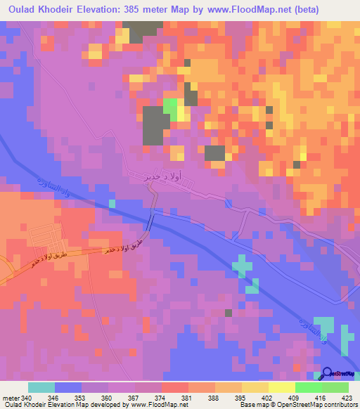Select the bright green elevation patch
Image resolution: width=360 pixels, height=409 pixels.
pos(170,108)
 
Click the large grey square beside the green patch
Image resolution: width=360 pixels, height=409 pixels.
pos(155,126)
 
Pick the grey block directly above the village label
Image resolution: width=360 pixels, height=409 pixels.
pos(214,153)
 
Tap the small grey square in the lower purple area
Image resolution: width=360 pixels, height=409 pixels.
pos(229,313)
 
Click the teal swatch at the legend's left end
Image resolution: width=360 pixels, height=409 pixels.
pos(41,387)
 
